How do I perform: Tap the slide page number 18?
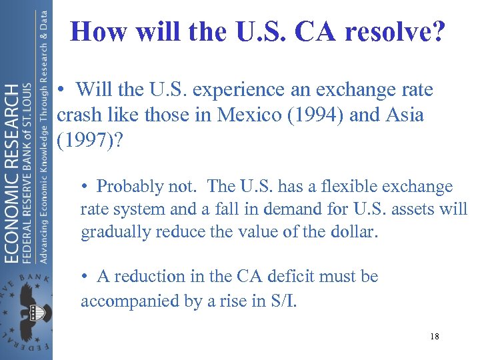434,337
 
